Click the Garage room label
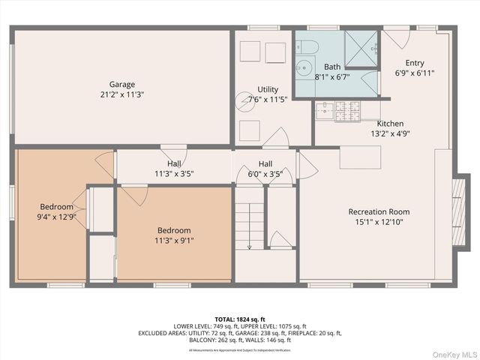[122, 84]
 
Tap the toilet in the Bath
[307, 47]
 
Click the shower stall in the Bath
[361, 47]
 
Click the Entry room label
[415, 63]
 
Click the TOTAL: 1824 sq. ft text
[240, 319]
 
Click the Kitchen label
[390, 124]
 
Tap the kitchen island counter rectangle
[360, 157]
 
